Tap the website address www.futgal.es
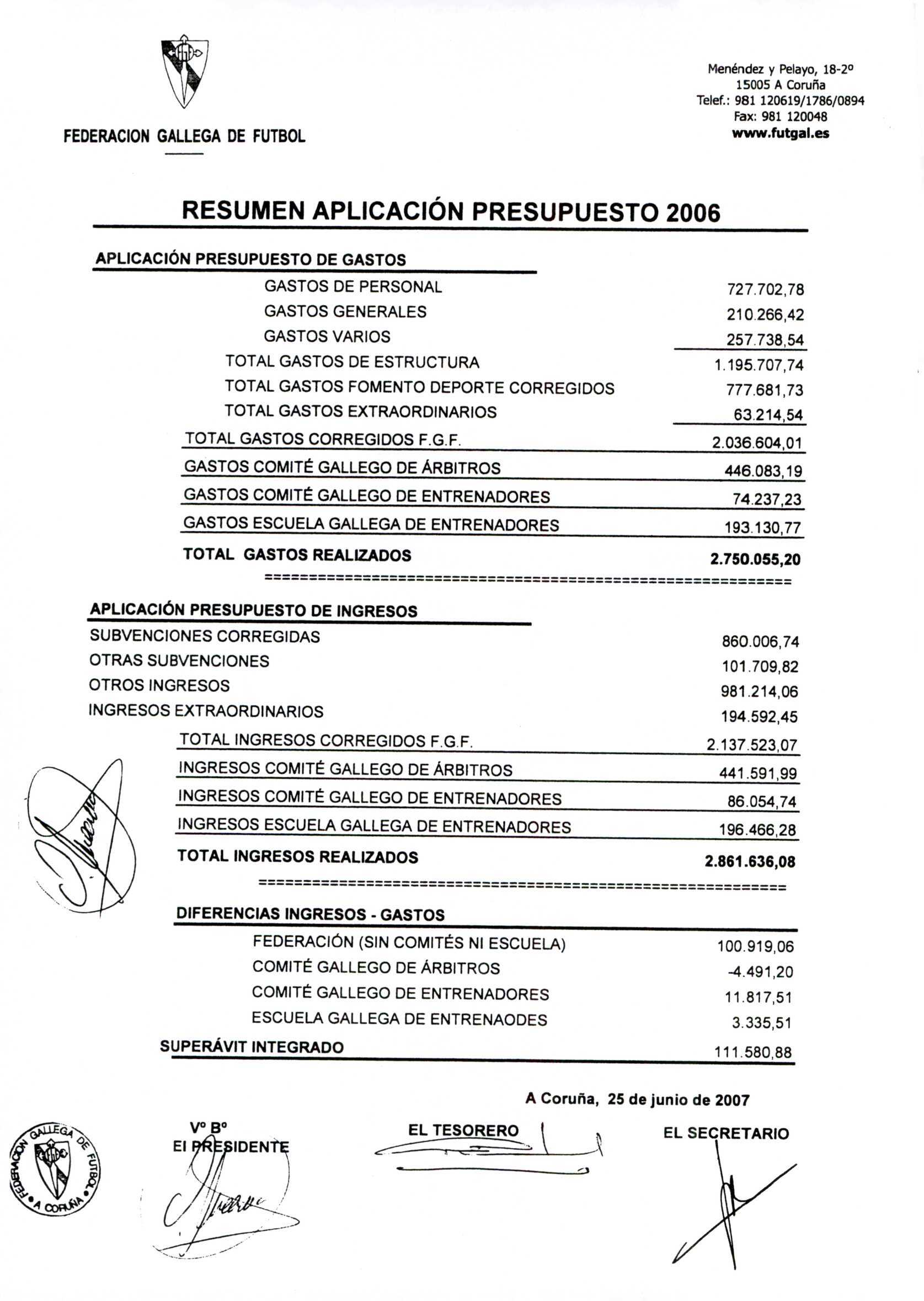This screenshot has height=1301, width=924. point(780,134)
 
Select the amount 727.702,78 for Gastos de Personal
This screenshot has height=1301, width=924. point(765,290)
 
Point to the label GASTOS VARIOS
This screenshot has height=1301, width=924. point(327,337)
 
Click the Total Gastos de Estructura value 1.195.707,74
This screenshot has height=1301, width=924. point(759,365)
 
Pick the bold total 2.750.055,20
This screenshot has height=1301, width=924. point(755,559)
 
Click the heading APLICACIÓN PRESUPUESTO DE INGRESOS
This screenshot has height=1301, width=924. point(253,611)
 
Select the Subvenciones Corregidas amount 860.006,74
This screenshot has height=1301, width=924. point(760,642)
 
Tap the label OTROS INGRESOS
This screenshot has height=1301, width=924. point(159,686)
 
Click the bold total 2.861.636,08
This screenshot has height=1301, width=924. point(750,862)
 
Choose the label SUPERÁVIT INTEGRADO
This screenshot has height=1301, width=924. point(252,1047)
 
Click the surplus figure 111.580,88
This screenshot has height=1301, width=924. point(753,1053)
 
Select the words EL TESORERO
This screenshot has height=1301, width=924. point(463,1131)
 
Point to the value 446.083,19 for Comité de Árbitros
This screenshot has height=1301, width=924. point(763,471)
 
